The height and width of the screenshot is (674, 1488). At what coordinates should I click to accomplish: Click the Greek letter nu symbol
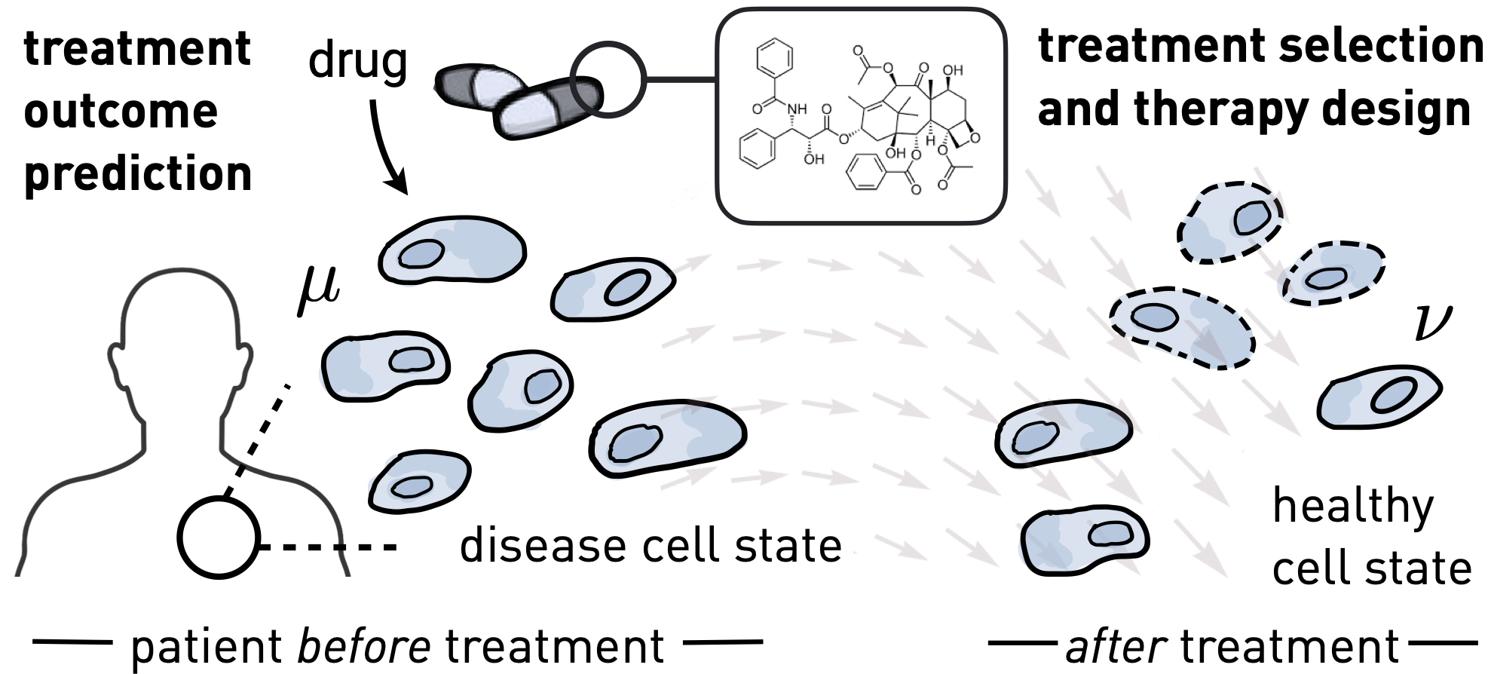tap(1430, 323)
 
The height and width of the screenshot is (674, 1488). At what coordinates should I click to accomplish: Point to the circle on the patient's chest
tap(219, 538)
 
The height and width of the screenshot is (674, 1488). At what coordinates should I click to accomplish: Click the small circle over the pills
tap(607, 79)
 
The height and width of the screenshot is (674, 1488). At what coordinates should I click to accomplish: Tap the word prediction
tap(138, 173)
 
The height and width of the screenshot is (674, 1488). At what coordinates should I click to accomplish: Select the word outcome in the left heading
tap(121, 112)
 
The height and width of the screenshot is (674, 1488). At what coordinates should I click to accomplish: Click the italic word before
tap(364, 645)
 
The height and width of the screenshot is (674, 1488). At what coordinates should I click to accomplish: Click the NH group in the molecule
tap(797, 109)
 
